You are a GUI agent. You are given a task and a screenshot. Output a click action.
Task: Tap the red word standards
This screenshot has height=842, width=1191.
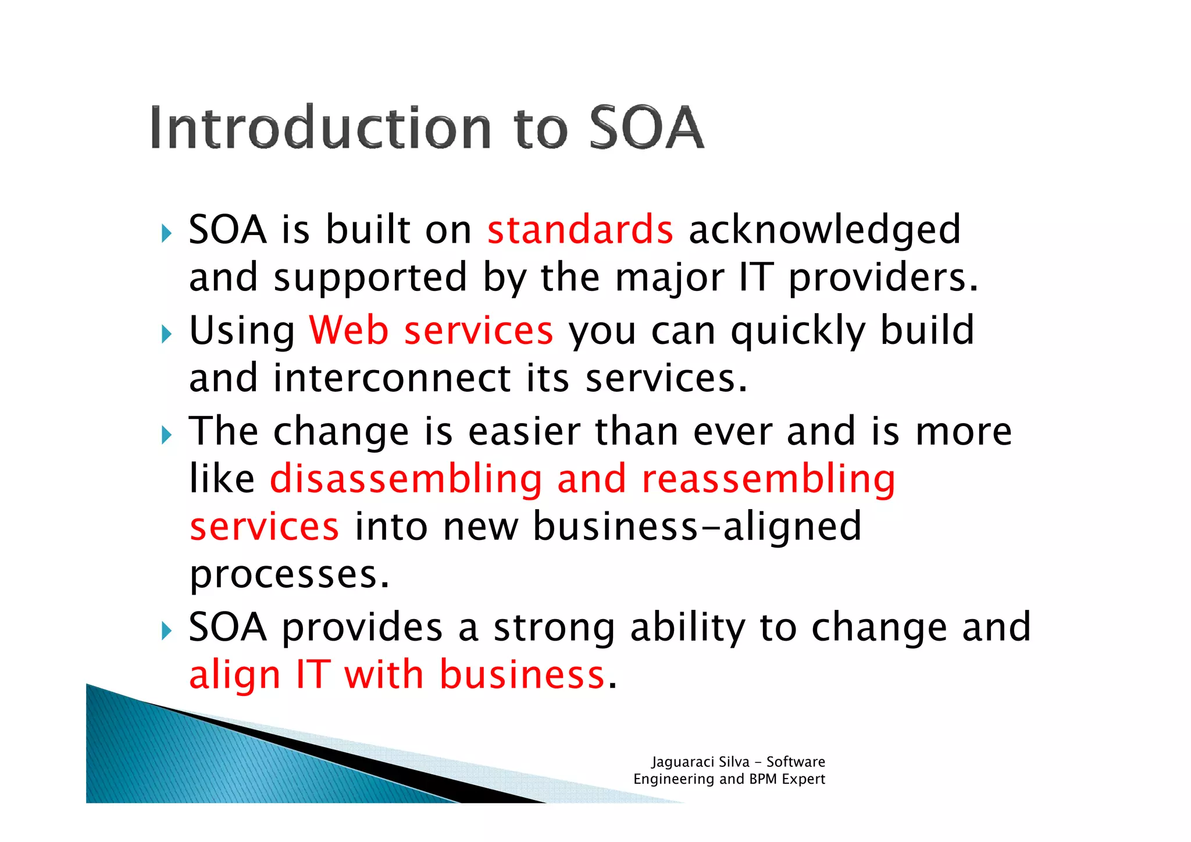point(580,229)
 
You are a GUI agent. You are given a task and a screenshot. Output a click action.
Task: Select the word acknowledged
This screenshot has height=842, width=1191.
point(824,230)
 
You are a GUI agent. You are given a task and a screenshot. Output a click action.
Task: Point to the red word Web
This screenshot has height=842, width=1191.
point(348,331)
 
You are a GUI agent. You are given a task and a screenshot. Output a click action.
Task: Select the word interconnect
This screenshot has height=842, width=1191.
point(392,378)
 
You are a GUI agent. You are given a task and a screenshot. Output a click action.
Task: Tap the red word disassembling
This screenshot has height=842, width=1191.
point(406,479)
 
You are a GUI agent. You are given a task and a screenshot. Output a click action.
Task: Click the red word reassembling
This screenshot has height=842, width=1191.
point(768,479)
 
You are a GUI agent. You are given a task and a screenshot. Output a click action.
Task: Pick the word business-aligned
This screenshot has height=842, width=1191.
point(697,527)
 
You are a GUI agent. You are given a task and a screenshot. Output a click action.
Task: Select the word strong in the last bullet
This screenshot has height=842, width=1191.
point(554,628)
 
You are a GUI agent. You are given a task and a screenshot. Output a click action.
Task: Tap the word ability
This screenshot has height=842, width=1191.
point(687,628)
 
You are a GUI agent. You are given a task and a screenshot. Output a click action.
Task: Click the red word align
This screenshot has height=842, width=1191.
point(235,676)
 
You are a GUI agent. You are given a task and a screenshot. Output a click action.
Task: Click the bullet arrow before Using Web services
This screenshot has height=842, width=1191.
point(167,335)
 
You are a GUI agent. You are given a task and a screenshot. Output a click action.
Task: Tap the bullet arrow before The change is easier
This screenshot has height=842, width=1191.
point(167,435)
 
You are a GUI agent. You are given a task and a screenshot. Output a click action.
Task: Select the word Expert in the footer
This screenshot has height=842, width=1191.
point(803,779)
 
